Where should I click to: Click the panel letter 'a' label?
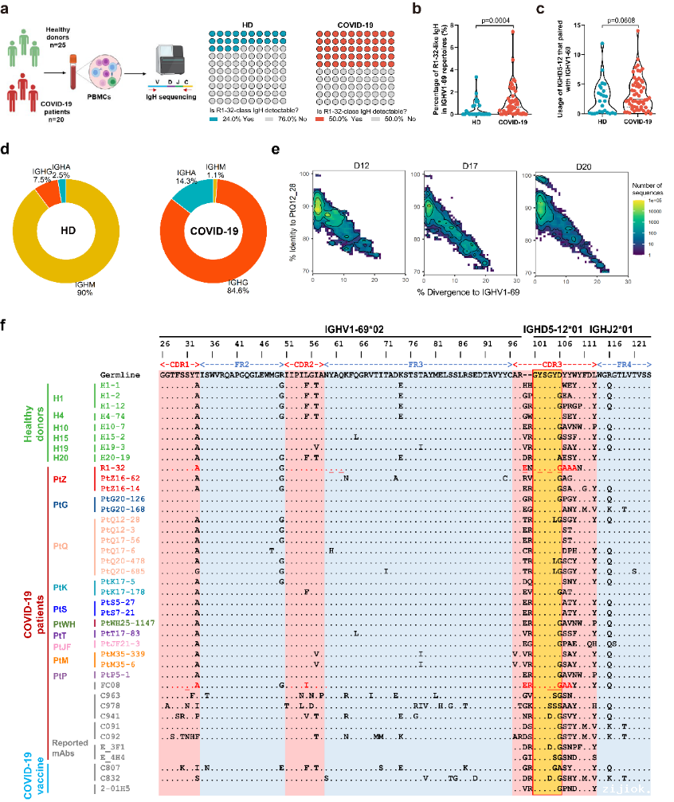(6, 10)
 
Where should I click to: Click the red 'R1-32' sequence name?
(112, 468)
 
